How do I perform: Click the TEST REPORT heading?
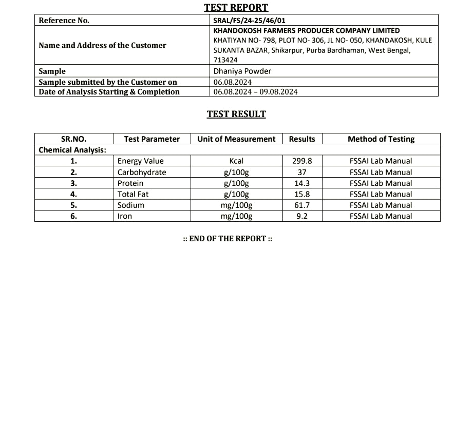coord(236,7)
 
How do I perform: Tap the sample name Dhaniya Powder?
coord(242,71)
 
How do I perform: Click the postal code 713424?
coord(225,60)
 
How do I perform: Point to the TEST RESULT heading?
coord(236,114)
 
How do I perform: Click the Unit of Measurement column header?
coord(236,139)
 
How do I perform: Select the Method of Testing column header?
coord(381,139)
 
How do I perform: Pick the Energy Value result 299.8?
coord(302,161)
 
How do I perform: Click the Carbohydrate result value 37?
coord(302,172)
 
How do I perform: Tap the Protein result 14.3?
coord(302,183)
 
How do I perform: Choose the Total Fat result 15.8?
coord(302,195)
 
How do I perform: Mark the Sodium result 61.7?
coord(302,205)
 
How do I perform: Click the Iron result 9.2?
coord(302,217)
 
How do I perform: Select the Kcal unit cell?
coord(236,161)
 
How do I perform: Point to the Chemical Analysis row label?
coord(72,150)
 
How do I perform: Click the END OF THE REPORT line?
coord(228,239)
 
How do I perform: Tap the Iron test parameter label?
coord(125,217)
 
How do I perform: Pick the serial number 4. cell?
coord(73,195)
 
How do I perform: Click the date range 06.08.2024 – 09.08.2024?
coord(255,92)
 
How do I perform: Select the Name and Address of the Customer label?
coord(102,45)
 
